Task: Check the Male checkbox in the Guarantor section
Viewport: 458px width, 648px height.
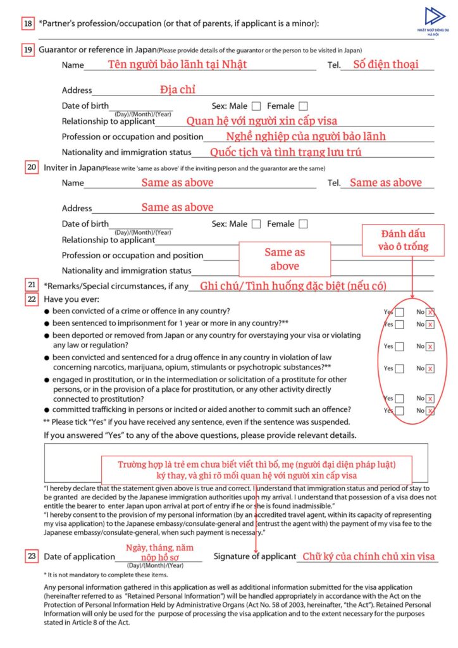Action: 256,106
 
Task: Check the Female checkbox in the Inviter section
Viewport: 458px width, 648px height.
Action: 304,223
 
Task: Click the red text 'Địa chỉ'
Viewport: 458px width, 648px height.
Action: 178,89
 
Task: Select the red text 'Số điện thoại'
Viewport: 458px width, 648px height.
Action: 385,64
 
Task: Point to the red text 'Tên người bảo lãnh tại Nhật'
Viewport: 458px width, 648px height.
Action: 177,64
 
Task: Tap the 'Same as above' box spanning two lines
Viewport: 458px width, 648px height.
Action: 285,259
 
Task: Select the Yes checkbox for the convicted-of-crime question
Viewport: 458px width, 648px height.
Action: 400,312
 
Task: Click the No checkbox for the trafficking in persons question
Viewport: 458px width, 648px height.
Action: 430,411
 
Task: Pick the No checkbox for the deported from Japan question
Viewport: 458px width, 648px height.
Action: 430,346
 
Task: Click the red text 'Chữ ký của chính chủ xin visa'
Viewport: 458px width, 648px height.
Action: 368,556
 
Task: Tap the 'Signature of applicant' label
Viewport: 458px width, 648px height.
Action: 255,556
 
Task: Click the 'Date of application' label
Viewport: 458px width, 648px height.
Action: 78,556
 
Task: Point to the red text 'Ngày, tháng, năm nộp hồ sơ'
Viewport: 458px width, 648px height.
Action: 159,552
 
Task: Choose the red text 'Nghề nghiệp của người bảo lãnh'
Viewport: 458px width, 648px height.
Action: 306,136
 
